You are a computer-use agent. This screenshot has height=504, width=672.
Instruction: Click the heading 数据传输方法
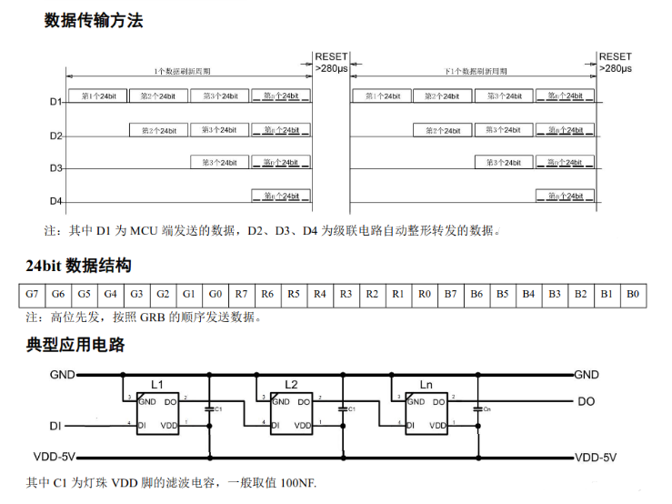tap(94, 20)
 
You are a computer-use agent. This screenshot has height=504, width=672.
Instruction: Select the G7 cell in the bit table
tap(32, 295)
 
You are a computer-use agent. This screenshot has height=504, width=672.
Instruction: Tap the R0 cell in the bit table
tap(424, 295)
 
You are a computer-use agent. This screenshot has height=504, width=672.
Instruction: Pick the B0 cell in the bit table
tap(633, 295)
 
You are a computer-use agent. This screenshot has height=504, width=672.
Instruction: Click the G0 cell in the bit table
tap(215, 295)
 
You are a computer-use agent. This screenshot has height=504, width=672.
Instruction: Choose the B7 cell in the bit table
tap(450, 295)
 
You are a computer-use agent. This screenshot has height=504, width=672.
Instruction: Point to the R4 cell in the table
tap(319, 295)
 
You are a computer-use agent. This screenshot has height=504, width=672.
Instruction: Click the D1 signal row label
tap(55, 102)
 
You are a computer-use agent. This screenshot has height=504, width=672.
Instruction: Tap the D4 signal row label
tap(55, 201)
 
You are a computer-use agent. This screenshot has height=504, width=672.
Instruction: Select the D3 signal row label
tap(55, 168)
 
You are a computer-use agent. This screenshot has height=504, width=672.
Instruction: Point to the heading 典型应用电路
tap(75, 345)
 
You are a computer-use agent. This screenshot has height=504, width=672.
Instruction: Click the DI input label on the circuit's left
tap(55, 425)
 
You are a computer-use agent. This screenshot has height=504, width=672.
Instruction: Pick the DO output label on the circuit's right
tap(587, 400)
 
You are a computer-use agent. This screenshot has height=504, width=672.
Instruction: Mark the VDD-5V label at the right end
tap(596, 457)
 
